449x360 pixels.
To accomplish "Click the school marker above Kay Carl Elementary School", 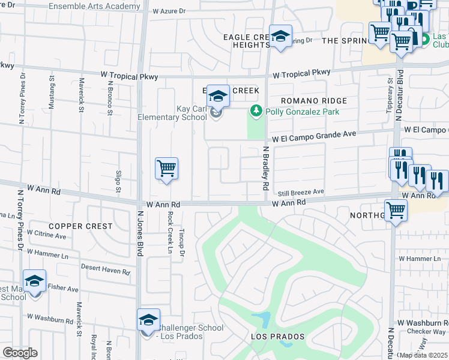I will [x=218, y=95].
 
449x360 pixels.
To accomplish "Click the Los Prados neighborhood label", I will [x=278, y=337].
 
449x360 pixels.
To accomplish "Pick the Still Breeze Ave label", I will [x=301, y=192].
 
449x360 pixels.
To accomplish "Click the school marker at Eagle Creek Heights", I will [x=280, y=37].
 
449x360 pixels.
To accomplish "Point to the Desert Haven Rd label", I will [x=105, y=271].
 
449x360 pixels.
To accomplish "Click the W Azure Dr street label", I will [x=169, y=11].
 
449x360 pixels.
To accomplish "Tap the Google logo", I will [x=20, y=352].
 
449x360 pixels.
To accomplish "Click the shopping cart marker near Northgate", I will [x=396, y=211].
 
